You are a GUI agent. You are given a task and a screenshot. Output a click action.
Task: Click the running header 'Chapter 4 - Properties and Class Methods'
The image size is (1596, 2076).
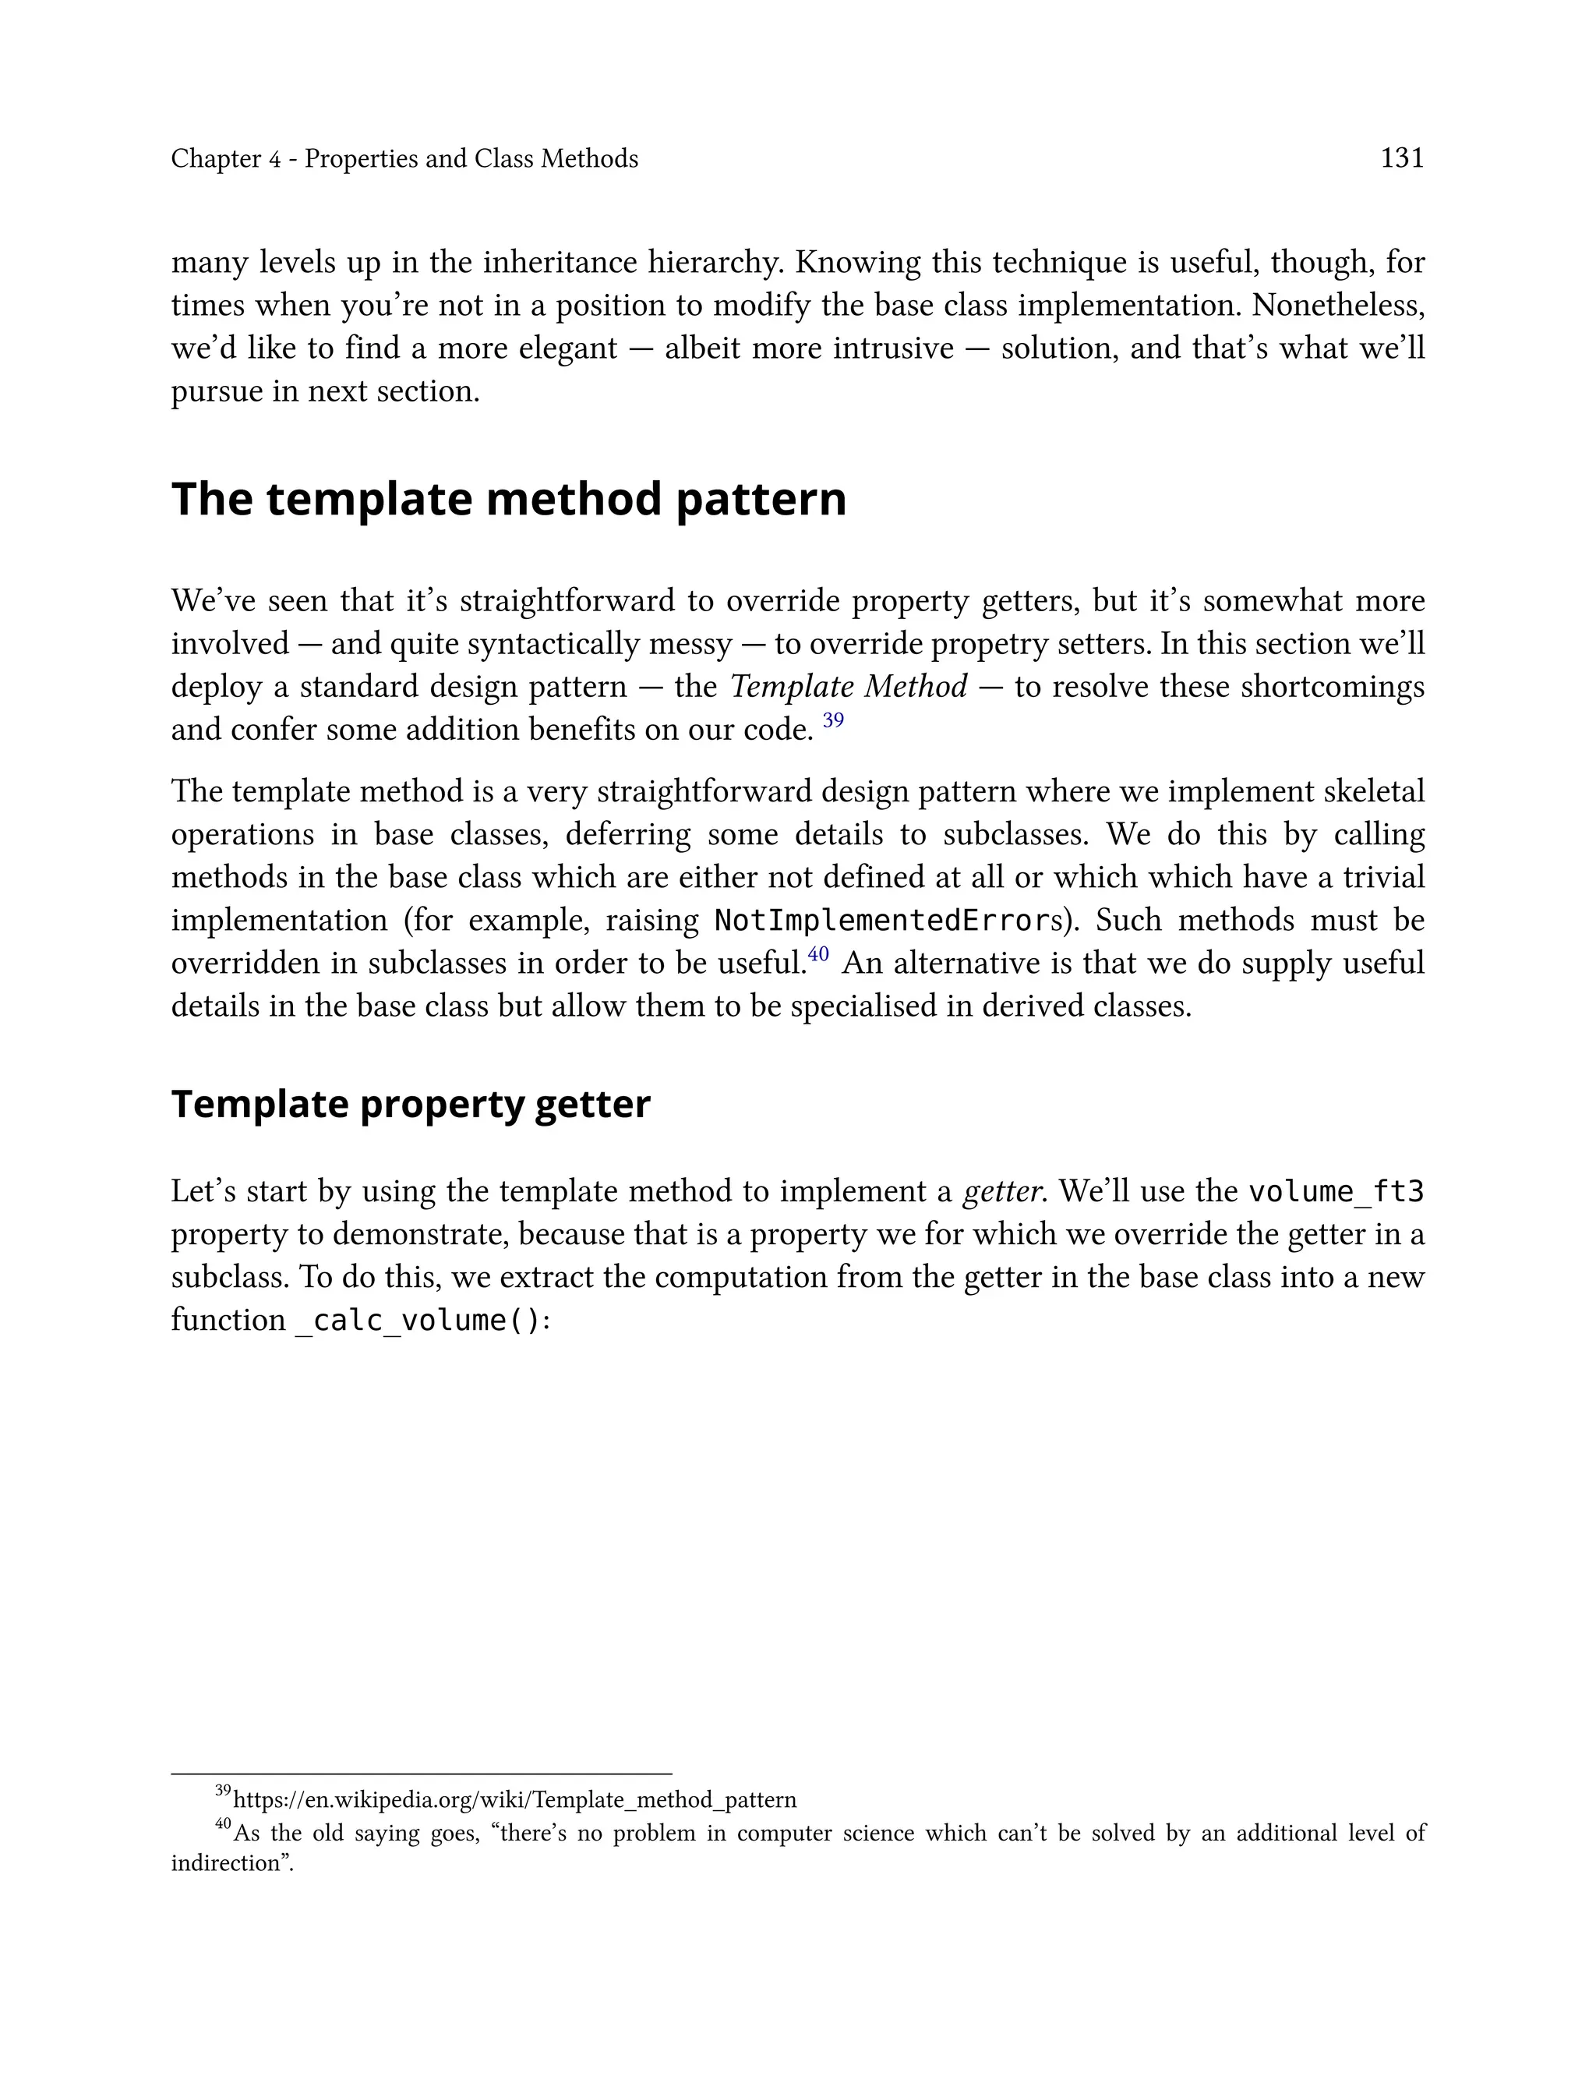click(x=404, y=159)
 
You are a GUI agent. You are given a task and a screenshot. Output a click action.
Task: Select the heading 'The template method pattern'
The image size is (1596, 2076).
click(x=508, y=500)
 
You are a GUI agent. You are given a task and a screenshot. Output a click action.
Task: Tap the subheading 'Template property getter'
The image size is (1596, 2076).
click(x=411, y=1104)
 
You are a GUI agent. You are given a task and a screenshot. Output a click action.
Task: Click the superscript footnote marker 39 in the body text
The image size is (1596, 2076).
click(x=833, y=720)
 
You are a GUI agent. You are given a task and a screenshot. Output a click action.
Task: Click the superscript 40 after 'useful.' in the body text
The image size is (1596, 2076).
click(x=818, y=954)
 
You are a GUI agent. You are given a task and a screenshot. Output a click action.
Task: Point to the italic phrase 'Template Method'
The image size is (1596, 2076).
click(x=849, y=687)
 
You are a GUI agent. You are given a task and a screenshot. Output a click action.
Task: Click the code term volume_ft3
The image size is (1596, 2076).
click(x=1336, y=1191)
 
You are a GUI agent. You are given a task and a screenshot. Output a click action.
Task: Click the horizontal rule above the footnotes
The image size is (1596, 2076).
click(x=421, y=1774)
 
